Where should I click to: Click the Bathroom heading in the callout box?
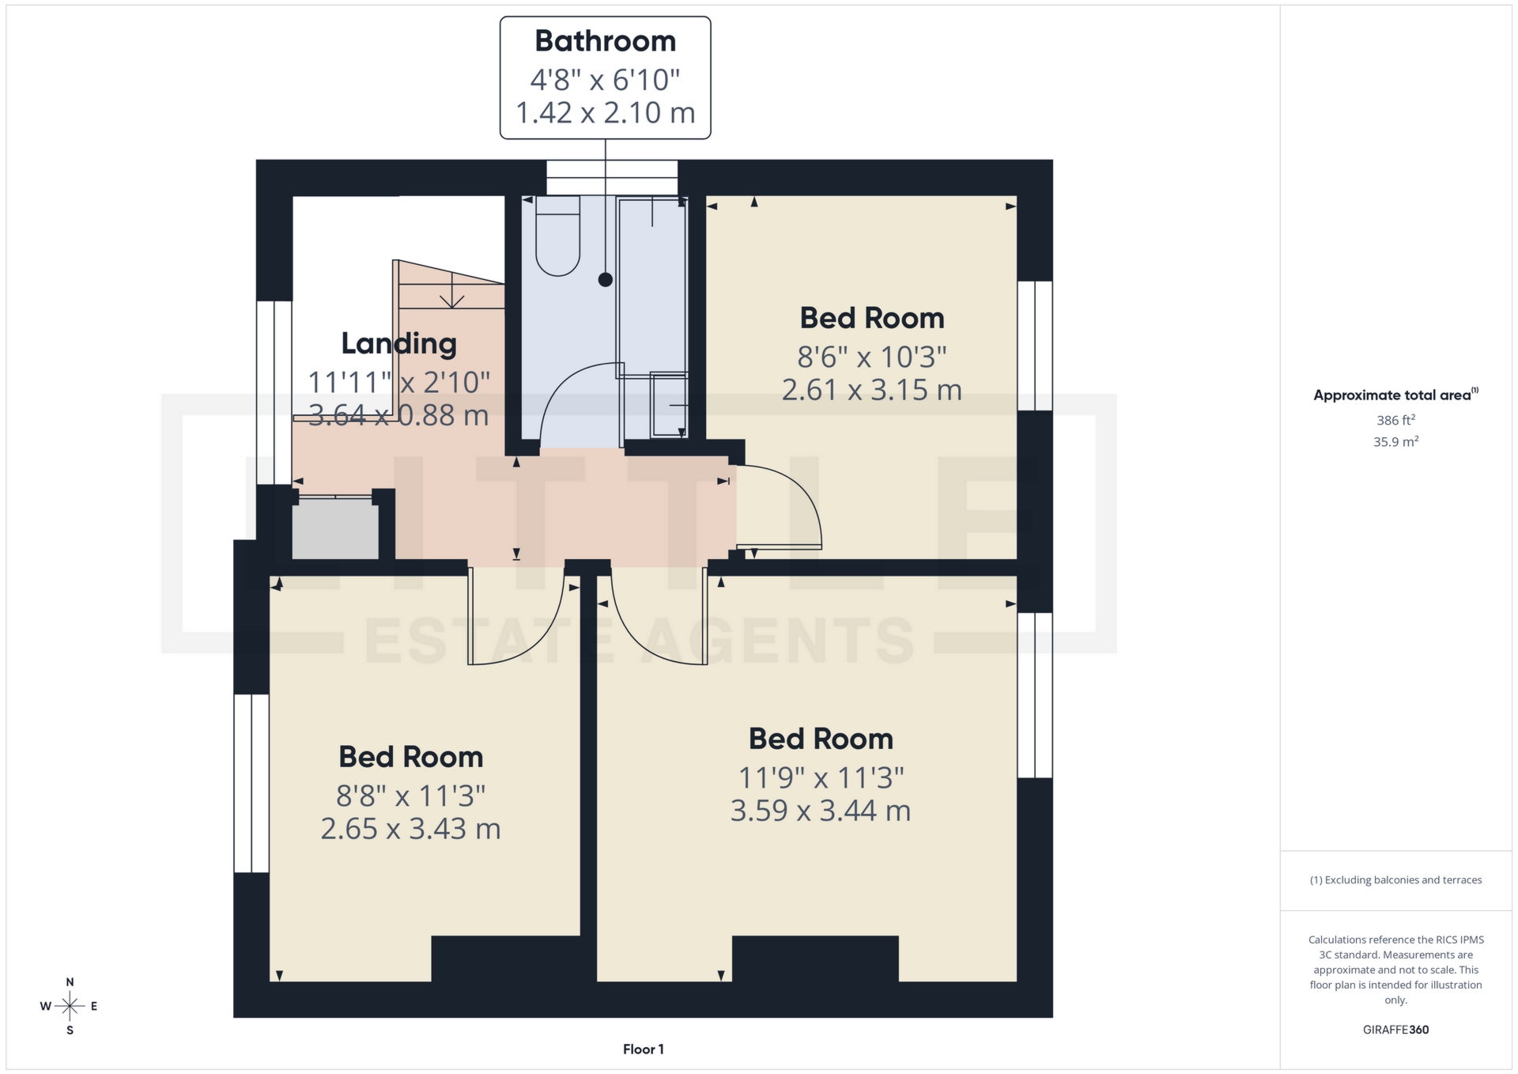(x=605, y=41)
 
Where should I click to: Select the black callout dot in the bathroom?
(x=606, y=279)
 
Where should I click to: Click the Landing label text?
(x=398, y=343)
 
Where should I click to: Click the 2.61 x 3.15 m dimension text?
(x=871, y=390)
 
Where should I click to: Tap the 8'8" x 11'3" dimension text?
(x=410, y=796)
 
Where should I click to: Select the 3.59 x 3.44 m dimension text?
(x=820, y=811)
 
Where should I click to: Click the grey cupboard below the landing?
(x=335, y=528)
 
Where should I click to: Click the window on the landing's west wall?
(x=274, y=392)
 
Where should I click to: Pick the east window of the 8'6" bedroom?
(x=1034, y=346)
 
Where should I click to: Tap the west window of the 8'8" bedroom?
(x=251, y=783)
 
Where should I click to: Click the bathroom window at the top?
(x=612, y=177)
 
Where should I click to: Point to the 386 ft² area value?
(x=1395, y=420)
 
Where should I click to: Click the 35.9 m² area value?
(x=1395, y=441)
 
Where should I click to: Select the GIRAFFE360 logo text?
(x=1395, y=1030)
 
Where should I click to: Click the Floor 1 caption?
(x=643, y=1049)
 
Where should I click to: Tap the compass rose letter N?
(x=70, y=982)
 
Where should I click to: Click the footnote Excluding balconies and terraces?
(x=1395, y=879)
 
